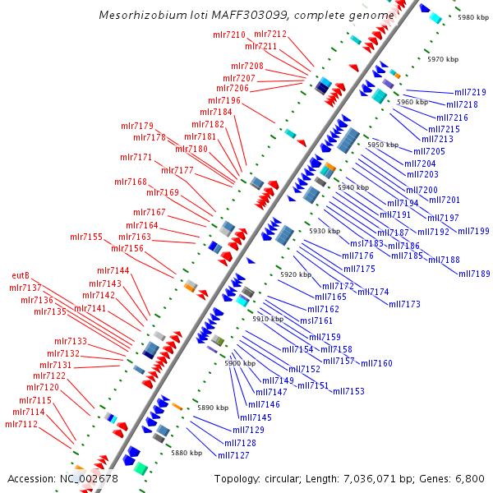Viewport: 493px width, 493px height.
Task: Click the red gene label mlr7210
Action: pyautogui.click(x=229, y=35)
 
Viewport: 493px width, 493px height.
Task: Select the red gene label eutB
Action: pyautogui.click(x=21, y=275)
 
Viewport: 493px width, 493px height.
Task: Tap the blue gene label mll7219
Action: pyautogui.click(x=470, y=93)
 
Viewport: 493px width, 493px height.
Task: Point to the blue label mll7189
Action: pyautogui.click(x=474, y=274)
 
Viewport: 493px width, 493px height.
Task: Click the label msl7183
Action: pyautogui.click(x=366, y=243)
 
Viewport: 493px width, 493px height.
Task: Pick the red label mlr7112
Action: pyautogui.click(x=21, y=424)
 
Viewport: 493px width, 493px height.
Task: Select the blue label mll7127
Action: pyautogui.click(x=233, y=455)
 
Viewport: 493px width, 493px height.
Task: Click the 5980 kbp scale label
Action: pyautogui.click(x=473, y=17)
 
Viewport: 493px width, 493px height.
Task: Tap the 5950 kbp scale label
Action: pyautogui.click(x=382, y=145)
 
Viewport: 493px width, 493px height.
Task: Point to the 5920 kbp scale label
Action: pyautogui.click(x=296, y=274)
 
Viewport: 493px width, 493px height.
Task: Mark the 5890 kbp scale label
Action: pyautogui.click(x=212, y=408)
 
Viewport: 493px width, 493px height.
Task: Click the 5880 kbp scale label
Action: pyautogui.click(x=186, y=453)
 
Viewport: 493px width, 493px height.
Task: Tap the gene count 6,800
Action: pyautogui.click(x=468, y=478)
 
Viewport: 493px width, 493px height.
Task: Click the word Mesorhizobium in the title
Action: pyautogui.click(x=134, y=16)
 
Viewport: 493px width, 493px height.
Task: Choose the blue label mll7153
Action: pyautogui.click(x=348, y=391)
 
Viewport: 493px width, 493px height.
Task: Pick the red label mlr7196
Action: pyautogui.click(x=224, y=100)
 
